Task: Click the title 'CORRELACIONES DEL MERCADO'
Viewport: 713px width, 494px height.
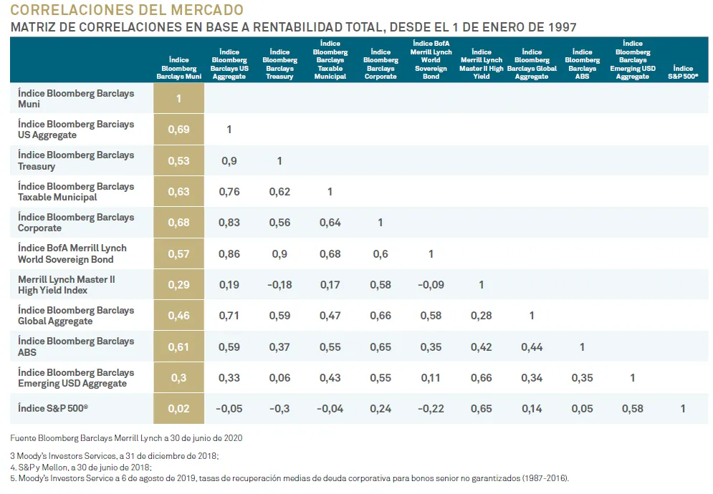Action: [x=127, y=10]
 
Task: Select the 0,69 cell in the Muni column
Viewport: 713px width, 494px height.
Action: [x=178, y=130]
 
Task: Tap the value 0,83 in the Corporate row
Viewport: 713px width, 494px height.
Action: [x=229, y=223]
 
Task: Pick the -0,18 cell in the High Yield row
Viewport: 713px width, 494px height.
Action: [x=279, y=285]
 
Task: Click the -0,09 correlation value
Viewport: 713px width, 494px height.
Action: [x=431, y=285]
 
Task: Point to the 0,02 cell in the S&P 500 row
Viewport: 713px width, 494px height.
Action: [x=178, y=409]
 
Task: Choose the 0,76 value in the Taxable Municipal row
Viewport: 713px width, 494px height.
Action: [x=229, y=192]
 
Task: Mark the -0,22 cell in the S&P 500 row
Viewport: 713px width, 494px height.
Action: [x=431, y=409]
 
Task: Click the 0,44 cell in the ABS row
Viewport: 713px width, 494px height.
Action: [x=532, y=347]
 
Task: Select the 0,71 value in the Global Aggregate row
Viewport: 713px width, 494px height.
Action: [x=229, y=316]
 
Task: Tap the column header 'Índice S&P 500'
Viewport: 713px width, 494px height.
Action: [x=683, y=72]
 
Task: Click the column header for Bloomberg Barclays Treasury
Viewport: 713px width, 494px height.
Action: [x=279, y=64]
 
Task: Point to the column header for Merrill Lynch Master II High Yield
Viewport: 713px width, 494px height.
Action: [x=482, y=64]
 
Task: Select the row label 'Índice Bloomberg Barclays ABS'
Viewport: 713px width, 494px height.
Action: [x=76, y=347]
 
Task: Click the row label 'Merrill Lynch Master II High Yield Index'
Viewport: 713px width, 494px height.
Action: [x=67, y=285]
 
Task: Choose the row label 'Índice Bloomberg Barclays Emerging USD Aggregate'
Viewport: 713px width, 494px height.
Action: [x=76, y=378]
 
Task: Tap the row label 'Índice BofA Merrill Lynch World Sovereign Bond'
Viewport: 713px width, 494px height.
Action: [x=72, y=253]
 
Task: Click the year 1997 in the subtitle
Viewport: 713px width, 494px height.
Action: [x=560, y=27]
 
